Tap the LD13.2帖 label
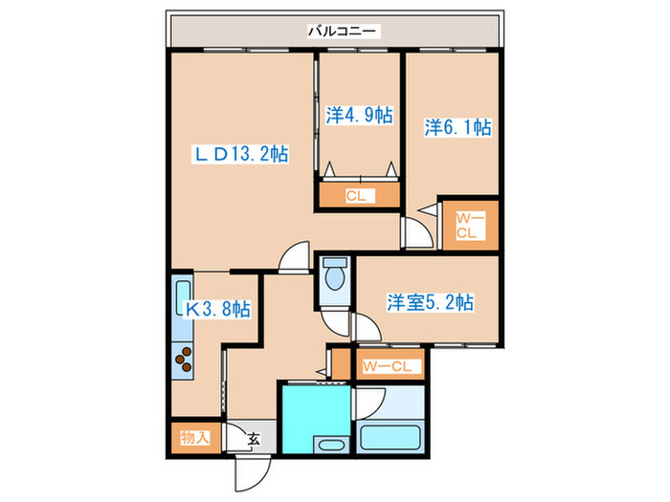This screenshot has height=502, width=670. pos(242,153)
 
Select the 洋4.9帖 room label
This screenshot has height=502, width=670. pos(359,114)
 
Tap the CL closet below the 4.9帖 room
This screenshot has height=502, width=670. pos(358,197)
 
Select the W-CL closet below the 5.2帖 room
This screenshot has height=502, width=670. pos(387,365)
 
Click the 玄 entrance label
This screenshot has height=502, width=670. pos(255,439)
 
